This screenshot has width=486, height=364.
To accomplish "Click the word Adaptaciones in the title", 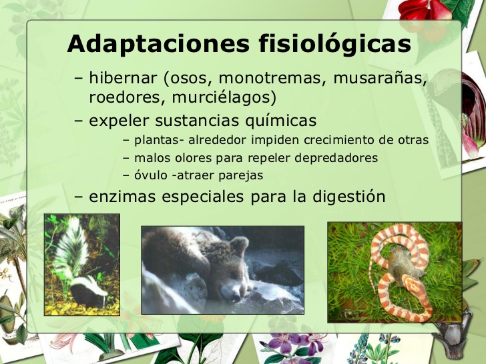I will click(157, 45).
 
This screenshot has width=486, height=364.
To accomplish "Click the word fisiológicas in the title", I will click(334, 45).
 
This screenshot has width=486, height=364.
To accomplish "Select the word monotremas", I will click(269, 79).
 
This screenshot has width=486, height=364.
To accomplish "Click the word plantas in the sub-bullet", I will click(154, 141).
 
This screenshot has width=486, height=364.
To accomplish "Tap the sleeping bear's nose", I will click(229, 293).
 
